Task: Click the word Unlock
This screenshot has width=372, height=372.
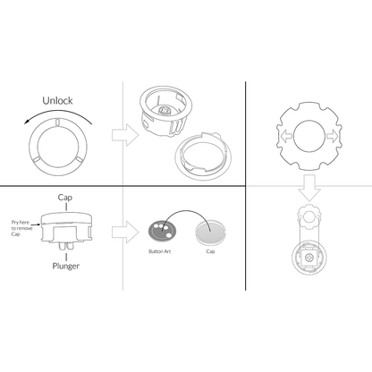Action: pos(57,101)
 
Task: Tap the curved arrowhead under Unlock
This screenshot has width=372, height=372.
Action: pos(26,122)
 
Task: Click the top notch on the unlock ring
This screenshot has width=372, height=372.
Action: pos(58,123)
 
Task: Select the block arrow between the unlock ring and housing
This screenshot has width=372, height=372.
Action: pos(125,135)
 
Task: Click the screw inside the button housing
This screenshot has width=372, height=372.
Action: pos(165,111)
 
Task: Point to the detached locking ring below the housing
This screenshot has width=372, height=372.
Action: pos(203,156)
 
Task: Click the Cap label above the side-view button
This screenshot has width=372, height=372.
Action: pos(65,198)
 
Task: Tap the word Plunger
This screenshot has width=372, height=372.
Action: pos(66,266)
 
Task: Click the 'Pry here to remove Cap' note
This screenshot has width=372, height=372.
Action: pos(21,228)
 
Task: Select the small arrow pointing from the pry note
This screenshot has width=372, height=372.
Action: pos(36,224)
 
